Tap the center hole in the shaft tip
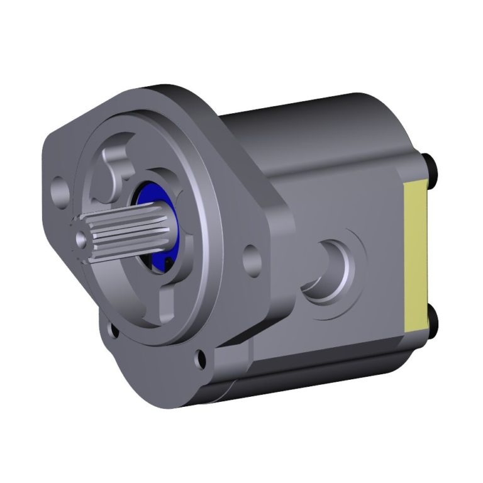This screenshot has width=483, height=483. point(80,239)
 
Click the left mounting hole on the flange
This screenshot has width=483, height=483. point(60,187)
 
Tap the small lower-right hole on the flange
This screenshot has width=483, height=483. point(201,358)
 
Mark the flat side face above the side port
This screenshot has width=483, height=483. point(340,189)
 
